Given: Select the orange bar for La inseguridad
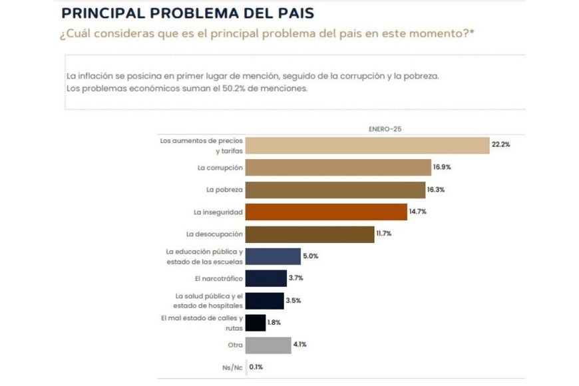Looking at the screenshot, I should click(x=325, y=212).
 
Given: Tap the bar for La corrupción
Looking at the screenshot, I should click(x=338, y=168).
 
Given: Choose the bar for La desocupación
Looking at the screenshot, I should click(x=309, y=234).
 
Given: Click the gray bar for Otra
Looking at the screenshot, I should click(x=268, y=345).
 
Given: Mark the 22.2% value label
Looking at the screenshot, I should click(x=500, y=144).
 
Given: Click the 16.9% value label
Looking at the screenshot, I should click(x=442, y=168).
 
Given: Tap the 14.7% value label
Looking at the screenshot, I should click(x=418, y=212).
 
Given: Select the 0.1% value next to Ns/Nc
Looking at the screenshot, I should click(x=256, y=367).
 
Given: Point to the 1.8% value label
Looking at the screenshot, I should click(x=274, y=323).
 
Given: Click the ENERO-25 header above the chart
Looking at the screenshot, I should click(x=385, y=128).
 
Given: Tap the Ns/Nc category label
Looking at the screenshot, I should click(x=232, y=367).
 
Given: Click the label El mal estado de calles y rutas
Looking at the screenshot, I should click(x=202, y=323).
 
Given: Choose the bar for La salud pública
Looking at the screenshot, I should click(x=264, y=301).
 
